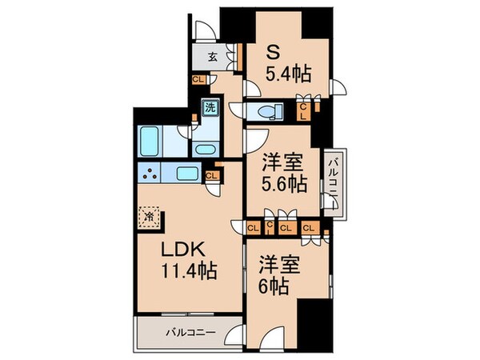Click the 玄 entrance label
pyautogui.click(x=214, y=56)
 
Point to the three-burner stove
pyautogui.click(x=150, y=174)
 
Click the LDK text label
pyautogui.click(x=190, y=249)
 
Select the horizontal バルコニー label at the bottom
pyautogui.click(x=190, y=330)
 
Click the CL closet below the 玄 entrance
pyautogui.click(x=197, y=79)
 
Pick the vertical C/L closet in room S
pyautogui.click(x=303, y=109)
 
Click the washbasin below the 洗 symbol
pyautogui.click(x=204, y=149)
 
